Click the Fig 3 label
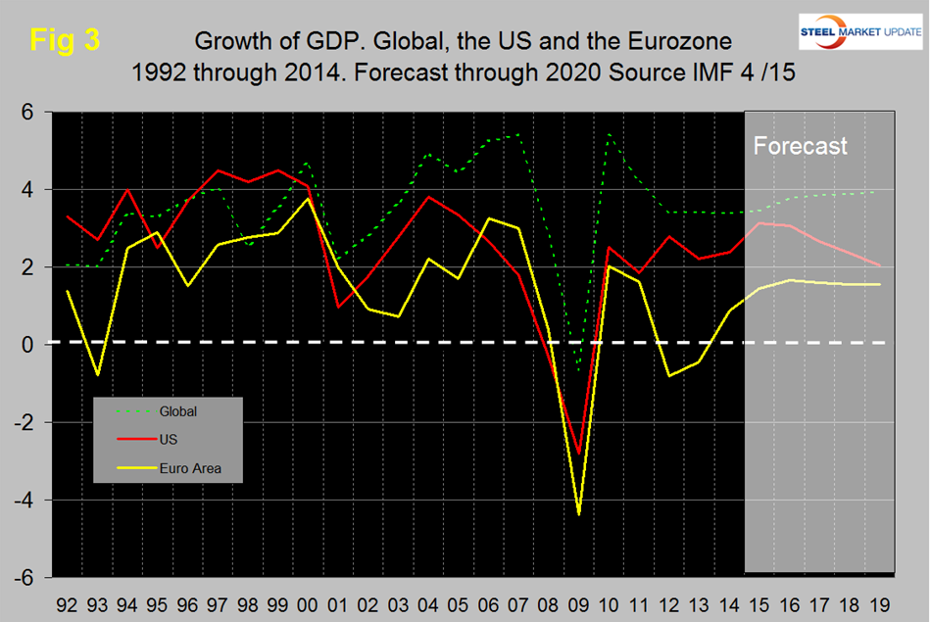pos(66,40)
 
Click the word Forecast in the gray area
pos(800,146)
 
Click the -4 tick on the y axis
pos(26,501)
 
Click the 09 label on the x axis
pos(579,595)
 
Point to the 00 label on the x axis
pos(308,595)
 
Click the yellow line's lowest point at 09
pos(579,513)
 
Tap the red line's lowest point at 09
pos(579,454)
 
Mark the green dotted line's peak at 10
pos(610,134)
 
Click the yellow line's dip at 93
pos(96,375)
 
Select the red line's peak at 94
pos(127,189)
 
